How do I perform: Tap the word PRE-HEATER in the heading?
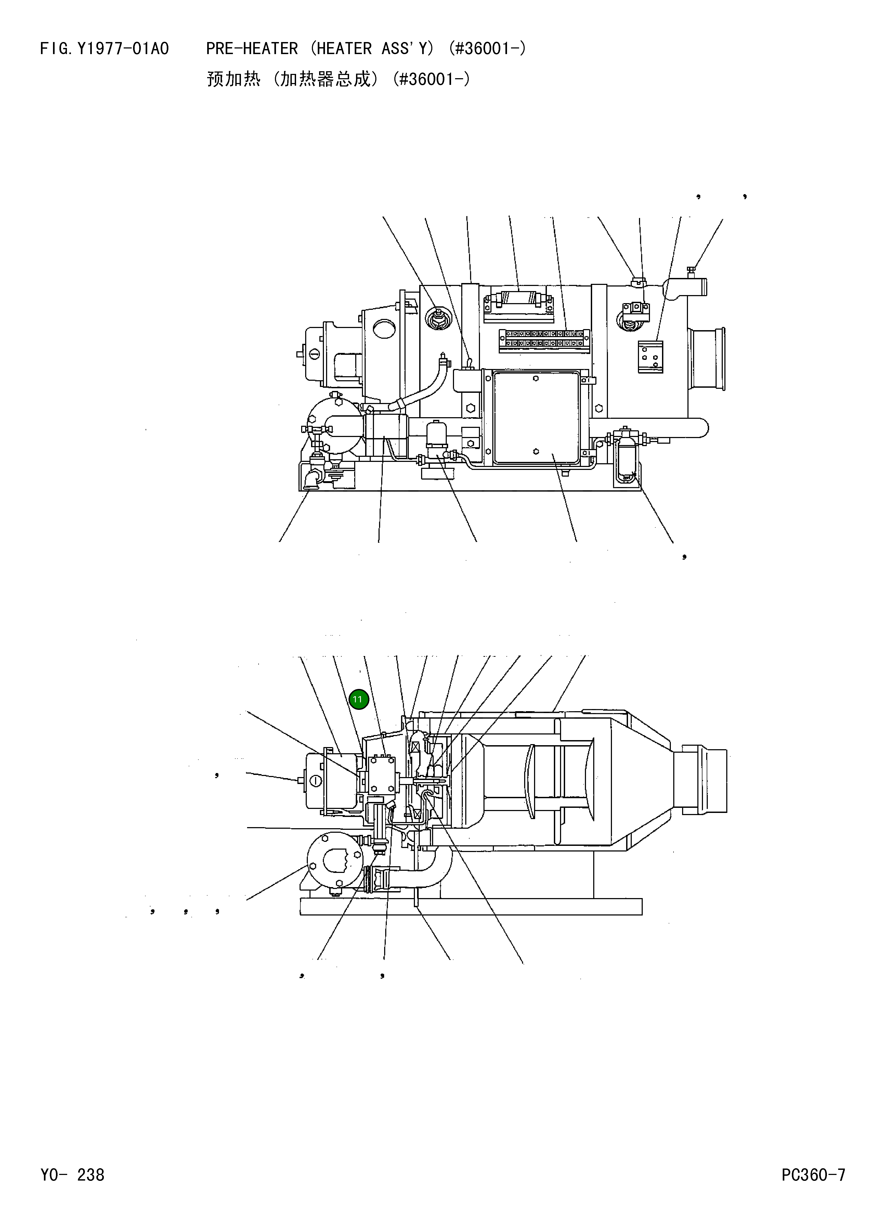point(251,49)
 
